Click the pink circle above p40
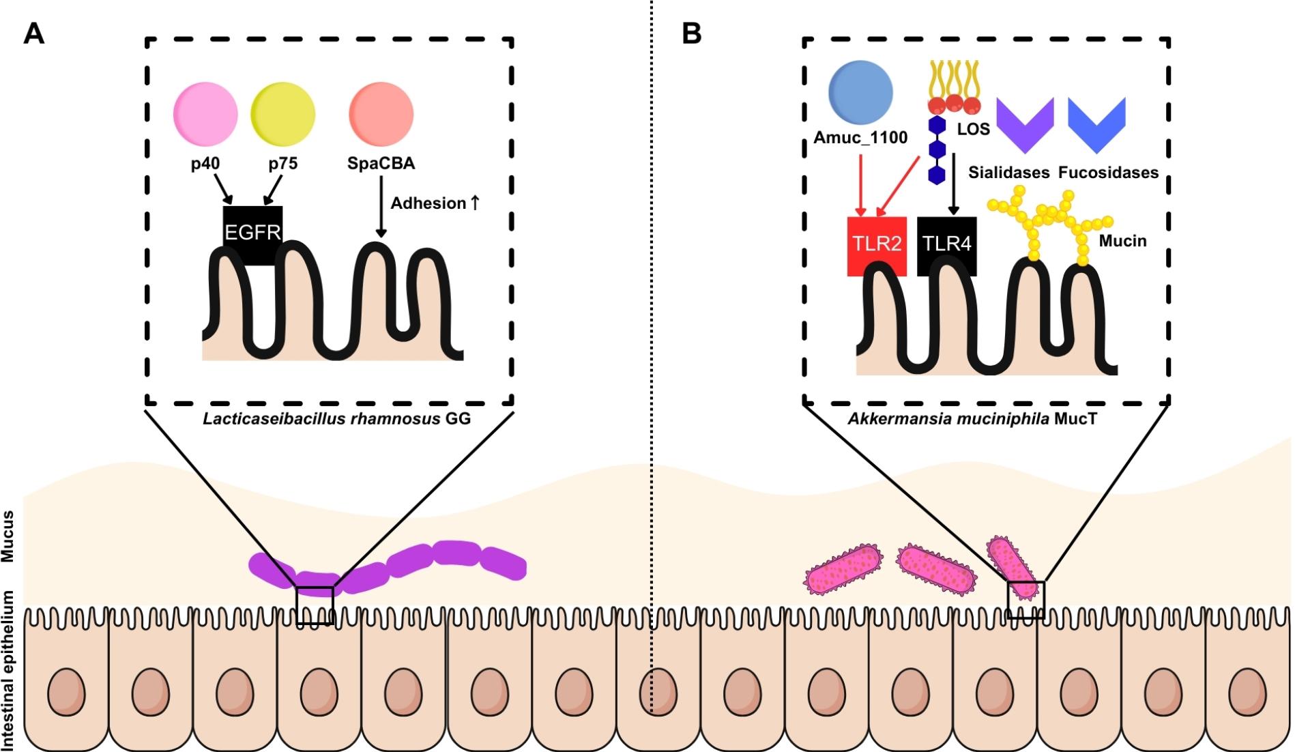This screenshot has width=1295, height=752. [x=205, y=115]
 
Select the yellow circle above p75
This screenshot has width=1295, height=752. [x=283, y=115]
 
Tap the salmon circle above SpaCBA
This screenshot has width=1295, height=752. [x=381, y=115]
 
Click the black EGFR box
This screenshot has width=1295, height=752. [x=252, y=233]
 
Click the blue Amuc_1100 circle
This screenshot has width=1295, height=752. [x=860, y=93]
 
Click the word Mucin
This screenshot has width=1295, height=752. [x=1122, y=241]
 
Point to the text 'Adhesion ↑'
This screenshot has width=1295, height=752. [x=435, y=203]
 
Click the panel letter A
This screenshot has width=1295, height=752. [x=34, y=33]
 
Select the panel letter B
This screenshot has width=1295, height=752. [x=692, y=33]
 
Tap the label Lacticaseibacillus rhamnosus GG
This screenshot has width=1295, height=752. [x=336, y=418]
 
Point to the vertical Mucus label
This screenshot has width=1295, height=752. [x=8, y=536]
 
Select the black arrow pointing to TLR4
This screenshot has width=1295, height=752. [x=954, y=184]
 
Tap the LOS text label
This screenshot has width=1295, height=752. [x=973, y=129]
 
